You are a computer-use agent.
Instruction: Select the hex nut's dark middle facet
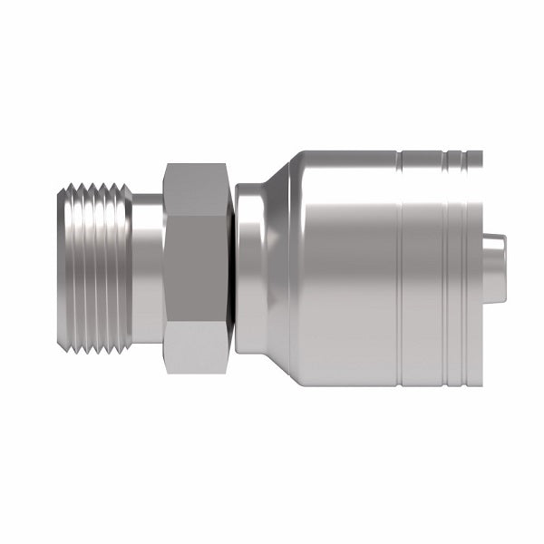tap(195, 269)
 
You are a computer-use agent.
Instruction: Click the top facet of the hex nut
tap(195, 186)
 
